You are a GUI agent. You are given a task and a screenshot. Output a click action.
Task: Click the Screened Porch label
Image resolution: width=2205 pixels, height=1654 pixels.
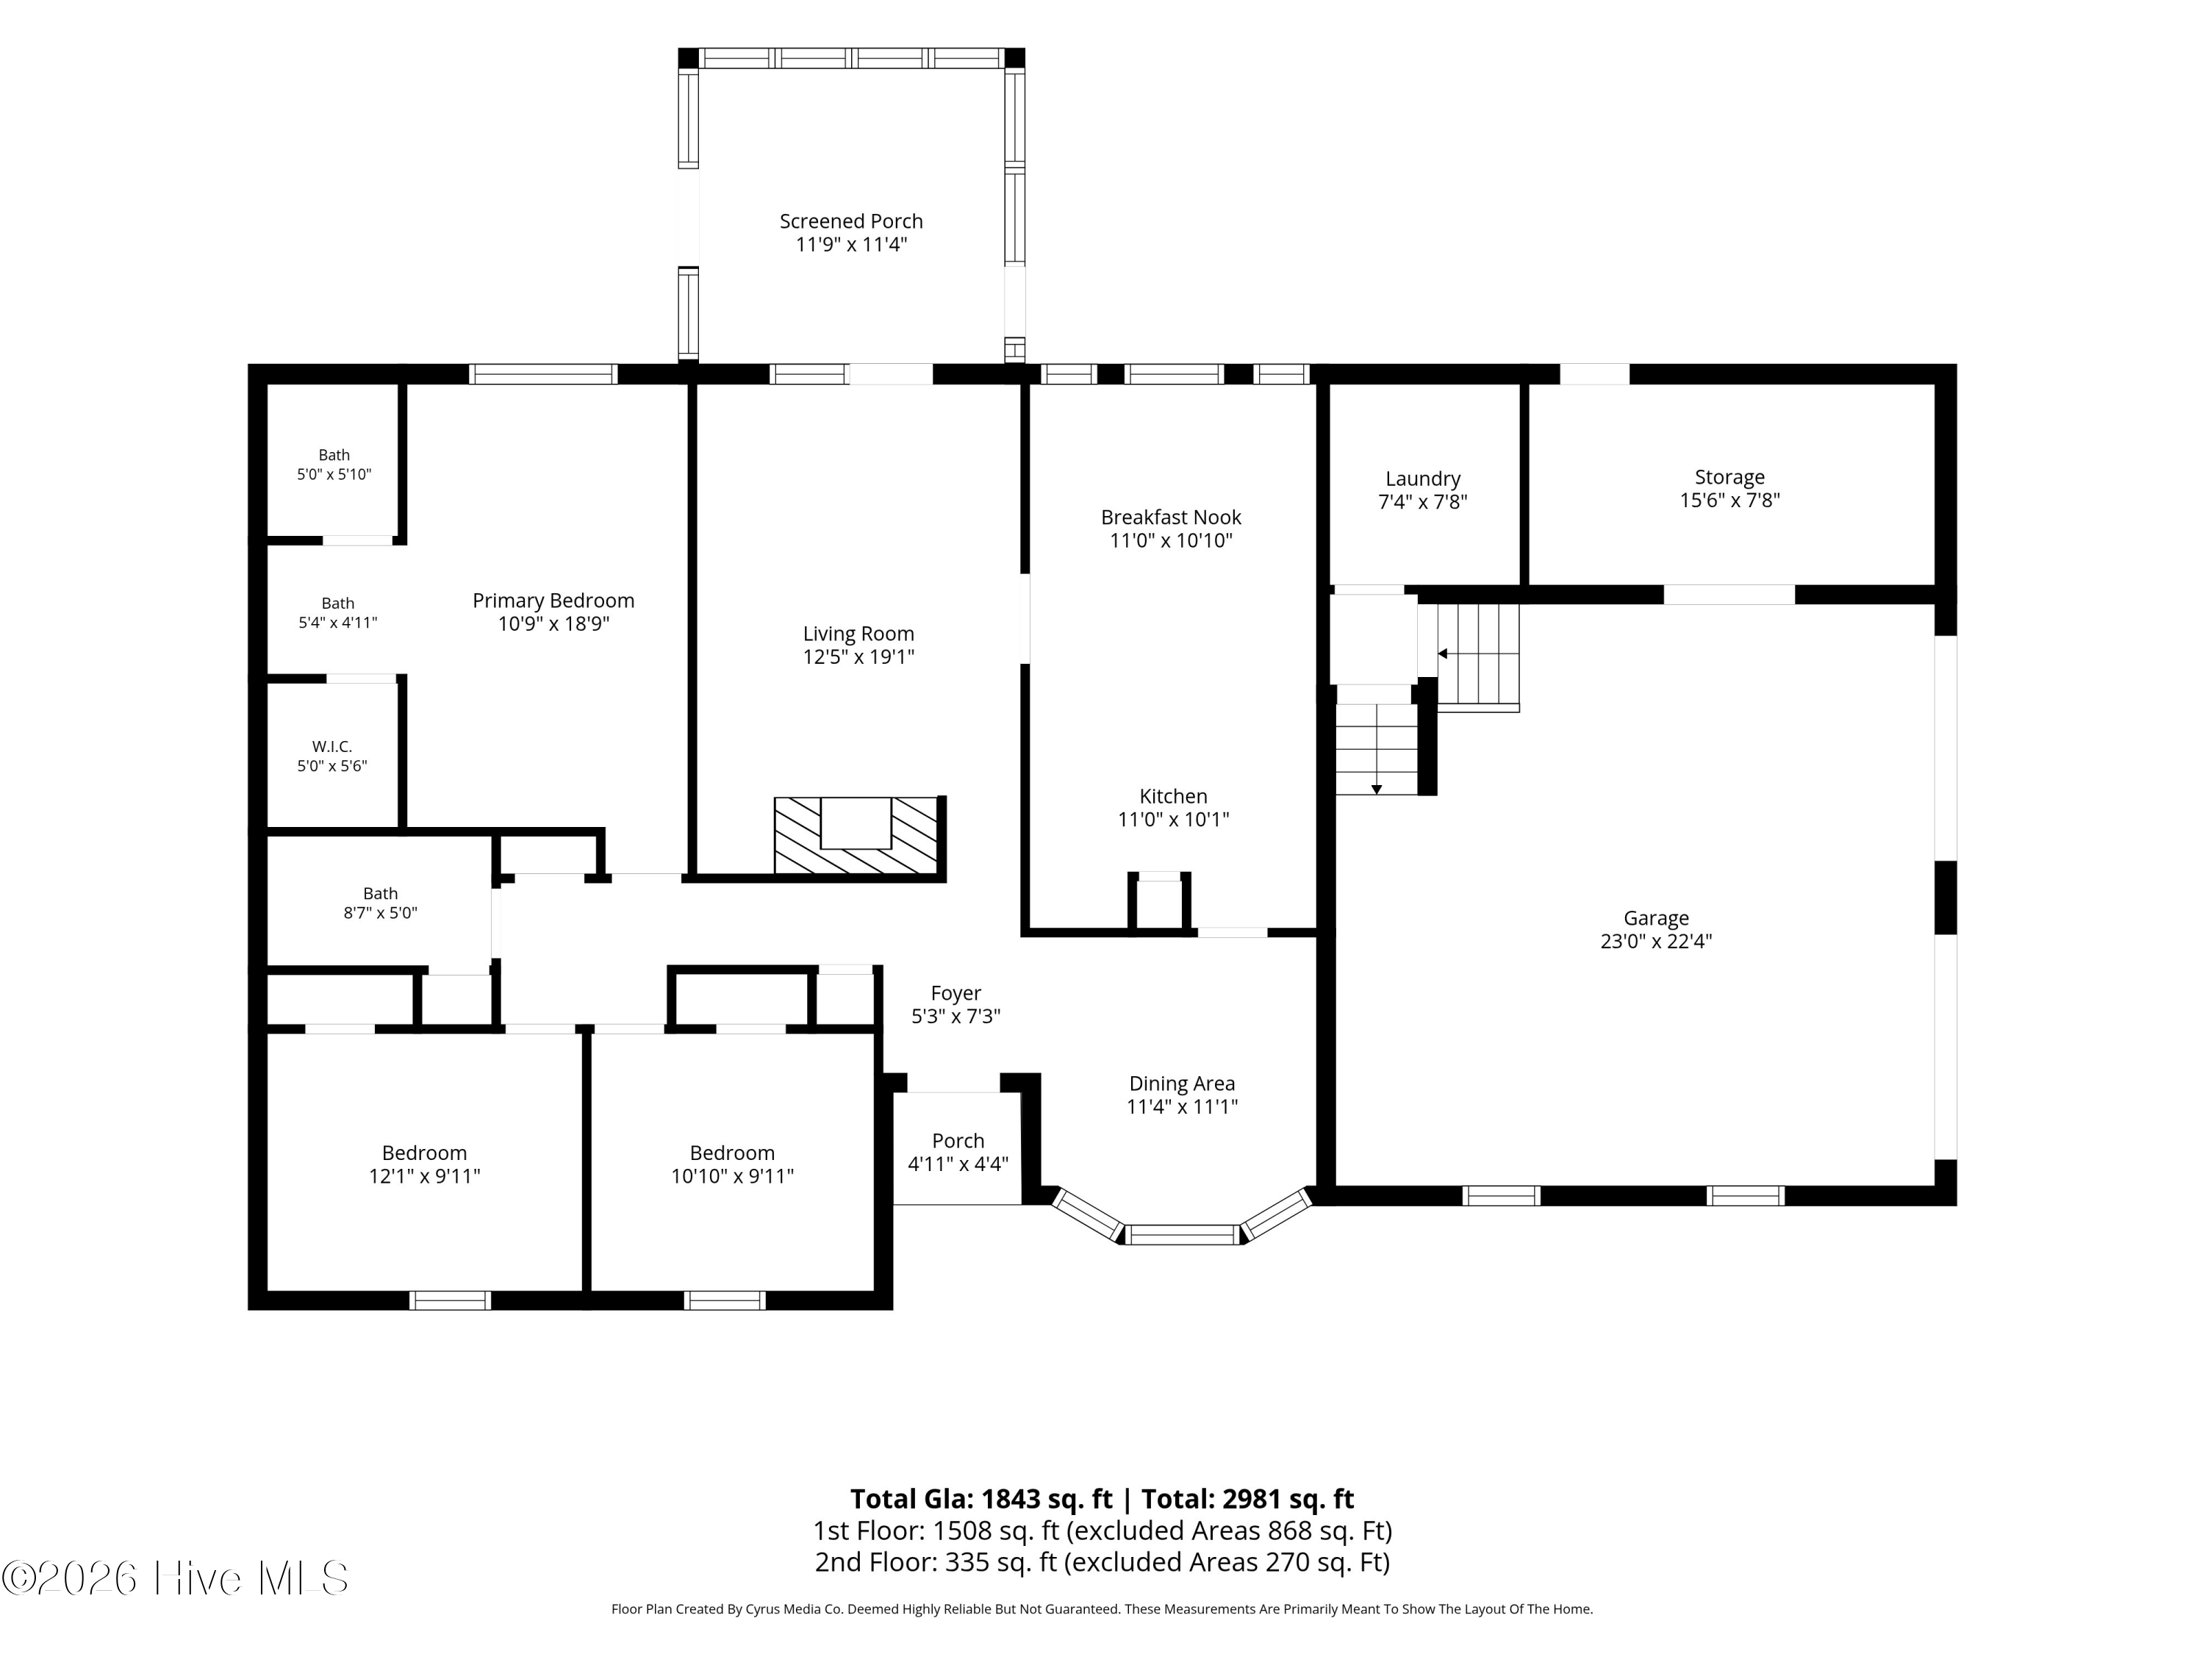click(851, 221)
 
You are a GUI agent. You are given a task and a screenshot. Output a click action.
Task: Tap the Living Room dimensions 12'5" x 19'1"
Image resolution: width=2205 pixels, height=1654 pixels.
click(858, 657)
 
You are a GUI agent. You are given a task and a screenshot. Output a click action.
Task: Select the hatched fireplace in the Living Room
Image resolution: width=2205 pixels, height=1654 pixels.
click(857, 837)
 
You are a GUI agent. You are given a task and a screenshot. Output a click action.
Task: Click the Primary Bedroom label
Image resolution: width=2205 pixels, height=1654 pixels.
click(553, 600)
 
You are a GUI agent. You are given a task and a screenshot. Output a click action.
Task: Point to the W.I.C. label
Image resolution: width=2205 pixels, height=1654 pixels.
click(332, 747)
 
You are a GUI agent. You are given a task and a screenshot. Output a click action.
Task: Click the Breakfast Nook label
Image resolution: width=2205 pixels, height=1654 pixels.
click(1172, 518)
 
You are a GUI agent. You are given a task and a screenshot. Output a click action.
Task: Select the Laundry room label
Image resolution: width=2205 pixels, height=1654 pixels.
click(1422, 479)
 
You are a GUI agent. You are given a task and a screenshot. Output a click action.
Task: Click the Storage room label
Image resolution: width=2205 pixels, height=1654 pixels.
click(1729, 478)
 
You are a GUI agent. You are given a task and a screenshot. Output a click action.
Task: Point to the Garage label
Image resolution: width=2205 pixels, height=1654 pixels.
click(1656, 918)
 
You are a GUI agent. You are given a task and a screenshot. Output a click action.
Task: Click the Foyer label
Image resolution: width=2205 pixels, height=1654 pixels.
click(956, 993)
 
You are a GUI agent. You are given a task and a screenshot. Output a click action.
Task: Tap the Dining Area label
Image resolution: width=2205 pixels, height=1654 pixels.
click(1182, 1084)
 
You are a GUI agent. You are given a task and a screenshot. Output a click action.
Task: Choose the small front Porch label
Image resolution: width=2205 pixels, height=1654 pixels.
click(958, 1141)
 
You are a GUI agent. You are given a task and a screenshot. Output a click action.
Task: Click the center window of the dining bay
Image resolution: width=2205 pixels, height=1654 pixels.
click(1184, 1234)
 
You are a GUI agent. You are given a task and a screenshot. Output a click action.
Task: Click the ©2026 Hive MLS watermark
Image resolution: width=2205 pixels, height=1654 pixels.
click(176, 1578)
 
